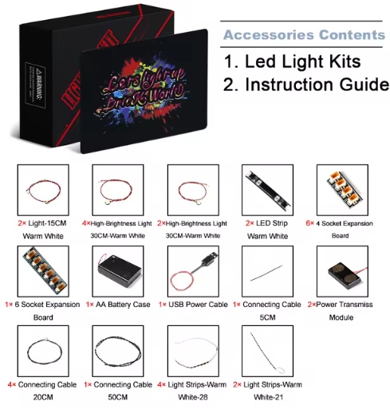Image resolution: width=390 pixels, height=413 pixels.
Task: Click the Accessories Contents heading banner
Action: [x=303, y=35]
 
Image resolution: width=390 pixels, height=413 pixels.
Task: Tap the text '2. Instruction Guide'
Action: [x=305, y=85]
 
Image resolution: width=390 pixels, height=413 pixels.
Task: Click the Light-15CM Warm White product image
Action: [x=44, y=191]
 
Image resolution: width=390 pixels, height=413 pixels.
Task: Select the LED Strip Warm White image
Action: [x=267, y=191]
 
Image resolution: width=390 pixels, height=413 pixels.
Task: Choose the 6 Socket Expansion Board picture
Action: [x=44, y=271]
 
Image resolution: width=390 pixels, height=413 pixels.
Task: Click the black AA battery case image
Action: [x=119, y=271]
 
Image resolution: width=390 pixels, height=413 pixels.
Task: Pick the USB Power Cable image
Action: [x=193, y=271]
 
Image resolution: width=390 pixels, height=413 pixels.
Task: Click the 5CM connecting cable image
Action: [x=267, y=271]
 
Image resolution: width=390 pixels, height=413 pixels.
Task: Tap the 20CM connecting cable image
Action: [x=44, y=352]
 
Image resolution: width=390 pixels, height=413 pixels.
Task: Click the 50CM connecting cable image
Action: [x=119, y=352]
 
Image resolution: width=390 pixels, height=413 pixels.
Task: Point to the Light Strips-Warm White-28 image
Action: [x=193, y=352]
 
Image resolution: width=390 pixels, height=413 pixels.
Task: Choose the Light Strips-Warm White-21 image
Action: [x=267, y=352]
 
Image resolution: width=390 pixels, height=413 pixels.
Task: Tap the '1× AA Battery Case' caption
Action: [x=119, y=305]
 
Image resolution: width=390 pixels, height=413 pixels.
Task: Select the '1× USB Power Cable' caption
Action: [x=193, y=305]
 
